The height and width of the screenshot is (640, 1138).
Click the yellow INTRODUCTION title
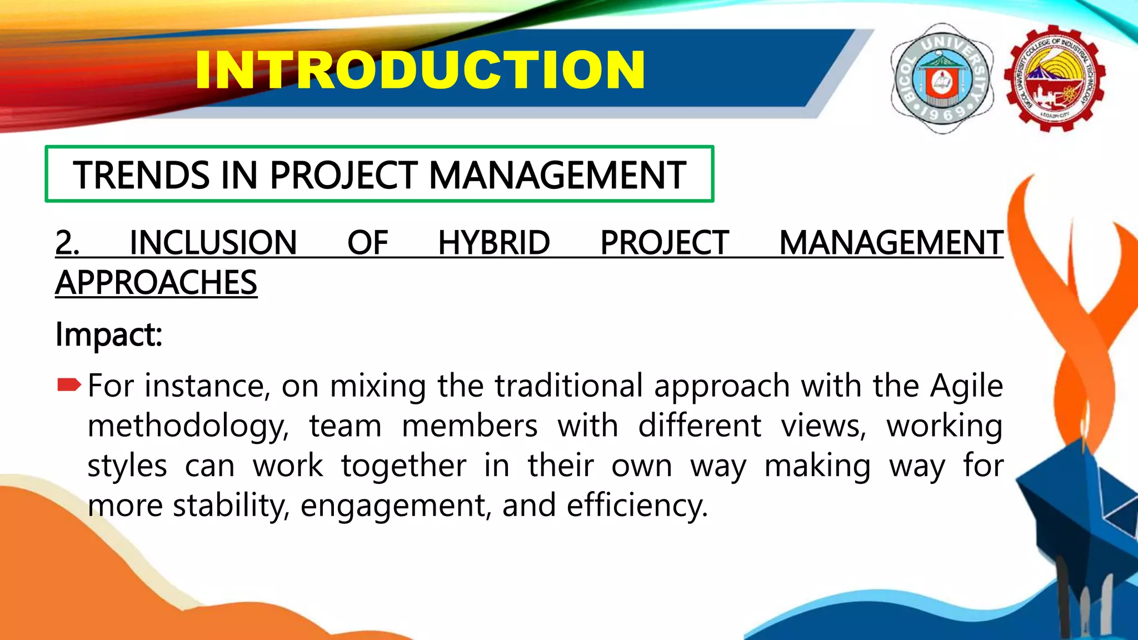pyautogui.click(x=420, y=70)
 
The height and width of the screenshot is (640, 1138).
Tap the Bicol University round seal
pyautogui.click(x=942, y=78)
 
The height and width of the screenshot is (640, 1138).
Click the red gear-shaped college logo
pyautogui.click(x=1055, y=78)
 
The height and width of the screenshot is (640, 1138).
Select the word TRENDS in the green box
pyautogui.click(x=141, y=176)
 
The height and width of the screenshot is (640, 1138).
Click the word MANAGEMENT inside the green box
pyautogui.click(x=557, y=176)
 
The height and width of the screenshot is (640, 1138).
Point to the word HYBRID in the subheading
pyautogui.click(x=493, y=243)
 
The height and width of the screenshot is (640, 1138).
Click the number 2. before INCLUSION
pyautogui.click(x=67, y=243)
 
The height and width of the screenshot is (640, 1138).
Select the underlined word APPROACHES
pyautogui.click(x=156, y=283)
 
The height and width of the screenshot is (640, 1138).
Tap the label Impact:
pyautogui.click(x=109, y=334)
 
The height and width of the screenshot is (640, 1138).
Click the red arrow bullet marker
pyautogui.click(x=69, y=385)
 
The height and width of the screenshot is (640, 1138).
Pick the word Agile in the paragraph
pyautogui.click(x=966, y=386)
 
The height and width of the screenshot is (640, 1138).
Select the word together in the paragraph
pyautogui.click(x=403, y=466)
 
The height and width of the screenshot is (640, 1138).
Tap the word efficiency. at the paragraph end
pyautogui.click(x=637, y=506)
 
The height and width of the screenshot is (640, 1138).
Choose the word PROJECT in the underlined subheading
pyautogui.click(x=665, y=243)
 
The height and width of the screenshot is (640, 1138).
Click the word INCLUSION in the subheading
pyautogui.click(x=213, y=243)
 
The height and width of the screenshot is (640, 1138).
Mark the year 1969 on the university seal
pyautogui.click(x=943, y=114)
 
